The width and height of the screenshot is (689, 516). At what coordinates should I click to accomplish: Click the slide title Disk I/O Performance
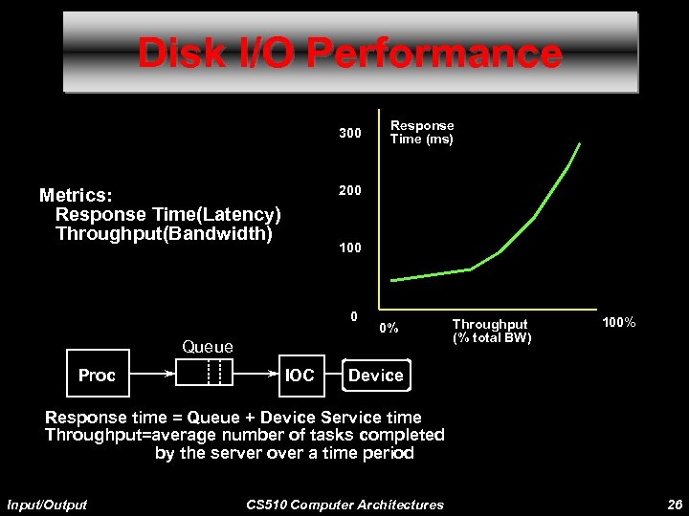[x=349, y=54]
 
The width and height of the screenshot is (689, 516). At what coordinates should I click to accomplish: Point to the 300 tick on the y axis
[x=349, y=134]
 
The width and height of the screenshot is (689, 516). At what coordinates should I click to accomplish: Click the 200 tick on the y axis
[x=349, y=190]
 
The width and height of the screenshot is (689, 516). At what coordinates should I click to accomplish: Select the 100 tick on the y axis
[x=349, y=247]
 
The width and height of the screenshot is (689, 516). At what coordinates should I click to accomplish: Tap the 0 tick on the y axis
[x=354, y=316]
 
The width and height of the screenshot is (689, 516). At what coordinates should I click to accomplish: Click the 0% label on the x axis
[x=389, y=329]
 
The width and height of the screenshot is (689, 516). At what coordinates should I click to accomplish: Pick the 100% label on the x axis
[x=618, y=326]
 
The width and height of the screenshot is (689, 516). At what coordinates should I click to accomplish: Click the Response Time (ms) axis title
[x=421, y=132]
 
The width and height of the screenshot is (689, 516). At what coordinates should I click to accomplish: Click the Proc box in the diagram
[x=97, y=376]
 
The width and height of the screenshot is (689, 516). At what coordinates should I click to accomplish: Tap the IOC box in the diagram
[x=300, y=376]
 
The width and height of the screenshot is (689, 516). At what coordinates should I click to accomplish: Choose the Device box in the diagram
[x=376, y=376]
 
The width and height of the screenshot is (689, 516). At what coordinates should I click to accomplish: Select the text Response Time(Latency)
[x=168, y=213]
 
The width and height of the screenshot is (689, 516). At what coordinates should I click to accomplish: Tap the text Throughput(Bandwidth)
[x=165, y=232]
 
